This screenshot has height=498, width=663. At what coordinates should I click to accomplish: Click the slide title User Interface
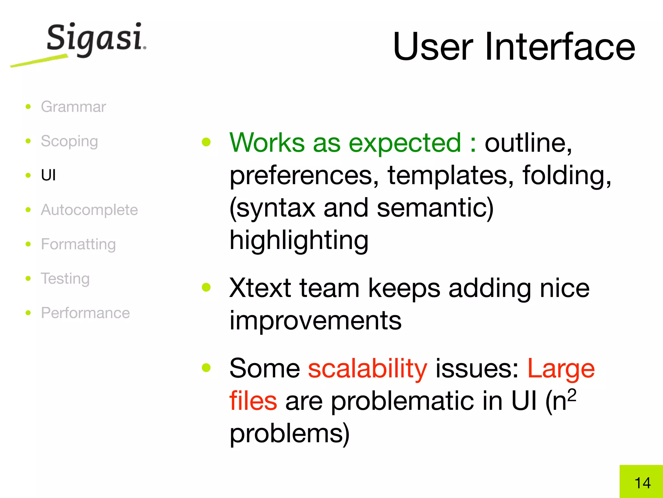514,47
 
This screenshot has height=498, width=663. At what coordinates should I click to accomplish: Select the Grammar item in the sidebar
73,107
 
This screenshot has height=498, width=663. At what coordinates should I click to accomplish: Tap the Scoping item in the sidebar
69,141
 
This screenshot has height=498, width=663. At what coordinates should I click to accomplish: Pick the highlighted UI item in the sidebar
48,175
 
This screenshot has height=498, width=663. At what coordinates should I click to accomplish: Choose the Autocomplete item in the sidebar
89,210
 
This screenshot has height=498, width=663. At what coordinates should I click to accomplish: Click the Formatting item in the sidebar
78,244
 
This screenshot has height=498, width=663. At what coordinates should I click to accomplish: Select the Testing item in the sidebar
65,279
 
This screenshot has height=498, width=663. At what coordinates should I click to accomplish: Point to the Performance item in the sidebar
85,313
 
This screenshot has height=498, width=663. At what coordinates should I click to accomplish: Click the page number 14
642,483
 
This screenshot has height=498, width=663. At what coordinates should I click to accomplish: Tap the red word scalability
367,369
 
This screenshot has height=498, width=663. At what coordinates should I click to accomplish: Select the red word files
253,401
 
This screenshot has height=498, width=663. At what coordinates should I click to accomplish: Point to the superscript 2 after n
572,395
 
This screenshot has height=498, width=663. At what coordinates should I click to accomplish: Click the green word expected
405,143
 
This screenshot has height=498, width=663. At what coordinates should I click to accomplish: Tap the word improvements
315,320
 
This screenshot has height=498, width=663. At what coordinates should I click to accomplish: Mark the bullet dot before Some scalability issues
206,367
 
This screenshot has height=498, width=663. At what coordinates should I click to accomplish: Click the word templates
450,175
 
